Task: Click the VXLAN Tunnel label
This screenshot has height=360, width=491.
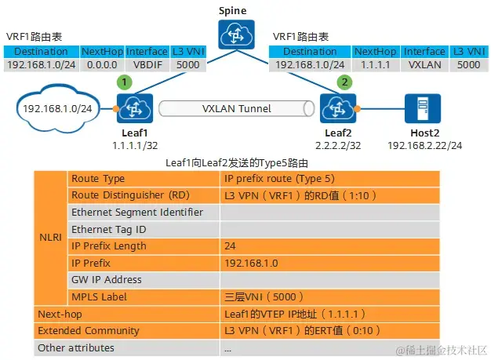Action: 237,107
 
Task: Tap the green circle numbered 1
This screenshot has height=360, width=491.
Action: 122,81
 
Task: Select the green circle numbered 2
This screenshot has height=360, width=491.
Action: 343,81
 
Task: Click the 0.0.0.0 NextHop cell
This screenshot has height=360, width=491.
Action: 102,64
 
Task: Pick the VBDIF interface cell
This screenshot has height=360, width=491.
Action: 147,64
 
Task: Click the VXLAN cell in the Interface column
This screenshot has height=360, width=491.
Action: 424,64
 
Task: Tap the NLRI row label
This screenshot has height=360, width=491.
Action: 49,237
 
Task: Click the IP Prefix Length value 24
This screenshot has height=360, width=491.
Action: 231,246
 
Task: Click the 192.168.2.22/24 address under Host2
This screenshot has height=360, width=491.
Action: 424,146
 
